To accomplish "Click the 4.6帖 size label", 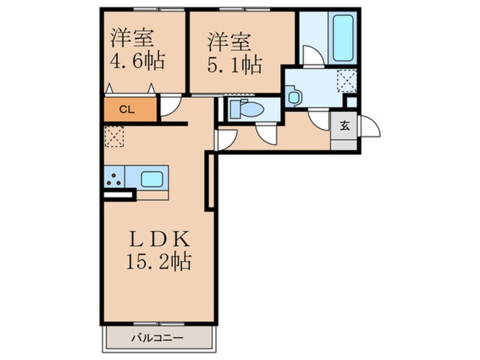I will pyautogui.click(x=137, y=60).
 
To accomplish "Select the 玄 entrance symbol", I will pyautogui.click(x=344, y=126).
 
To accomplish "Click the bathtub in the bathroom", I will pyautogui.click(x=344, y=38).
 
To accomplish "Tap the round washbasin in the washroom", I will pyautogui.click(x=294, y=97).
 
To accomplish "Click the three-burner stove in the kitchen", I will pyautogui.click(x=113, y=178).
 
